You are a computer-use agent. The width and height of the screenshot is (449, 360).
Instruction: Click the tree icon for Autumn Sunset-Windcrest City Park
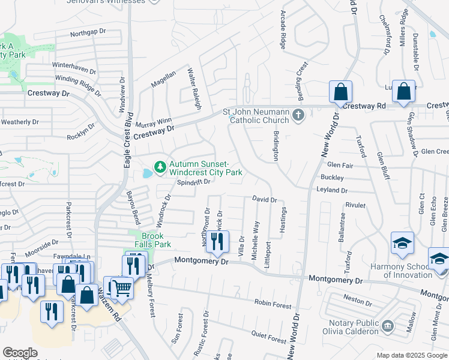coord(160,167)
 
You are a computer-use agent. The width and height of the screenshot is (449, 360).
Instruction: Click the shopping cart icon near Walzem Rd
coord(122,287)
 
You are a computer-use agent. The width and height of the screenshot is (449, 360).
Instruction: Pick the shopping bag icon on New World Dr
coord(340,92)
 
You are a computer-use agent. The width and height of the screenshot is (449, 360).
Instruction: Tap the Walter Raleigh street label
coord(193,88)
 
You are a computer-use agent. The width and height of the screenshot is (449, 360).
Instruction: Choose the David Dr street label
coord(264,199)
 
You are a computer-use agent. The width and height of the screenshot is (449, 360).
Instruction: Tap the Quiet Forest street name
coord(269,337)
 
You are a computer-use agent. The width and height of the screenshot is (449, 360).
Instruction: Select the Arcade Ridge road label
coord(283,29)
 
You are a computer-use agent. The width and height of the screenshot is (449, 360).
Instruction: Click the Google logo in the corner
coord(20,353)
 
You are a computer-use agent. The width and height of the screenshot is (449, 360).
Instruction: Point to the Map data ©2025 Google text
coord(411,355)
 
